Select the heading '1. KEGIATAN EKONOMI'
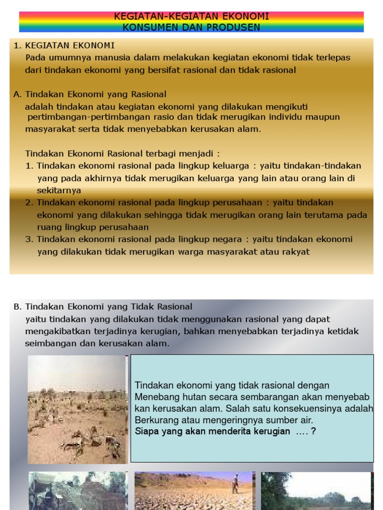(64, 46)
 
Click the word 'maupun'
(324, 117)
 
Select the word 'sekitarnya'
(59, 190)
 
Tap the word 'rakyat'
(294, 252)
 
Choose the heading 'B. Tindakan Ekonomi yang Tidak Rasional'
(103, 307)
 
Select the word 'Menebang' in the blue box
(154, 397)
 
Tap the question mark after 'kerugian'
(313, 431)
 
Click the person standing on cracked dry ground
(235, 483)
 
